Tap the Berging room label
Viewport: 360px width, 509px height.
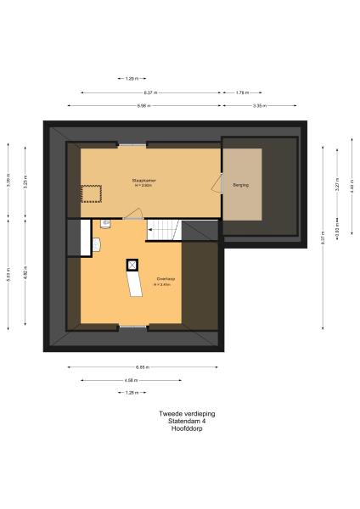[241, 183]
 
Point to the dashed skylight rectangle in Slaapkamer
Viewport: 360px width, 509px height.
[91, 194]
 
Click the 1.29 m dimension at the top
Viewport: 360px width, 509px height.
[131, 79]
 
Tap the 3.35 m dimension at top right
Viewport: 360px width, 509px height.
[260, 105]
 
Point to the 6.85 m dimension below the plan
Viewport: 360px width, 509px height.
[143, 367]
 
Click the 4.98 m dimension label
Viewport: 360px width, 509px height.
[131, 380]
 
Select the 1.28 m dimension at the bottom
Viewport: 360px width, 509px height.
[131, 393]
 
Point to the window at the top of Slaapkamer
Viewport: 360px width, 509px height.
[132, 146]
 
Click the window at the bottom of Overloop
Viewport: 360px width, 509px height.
[132, 326]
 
